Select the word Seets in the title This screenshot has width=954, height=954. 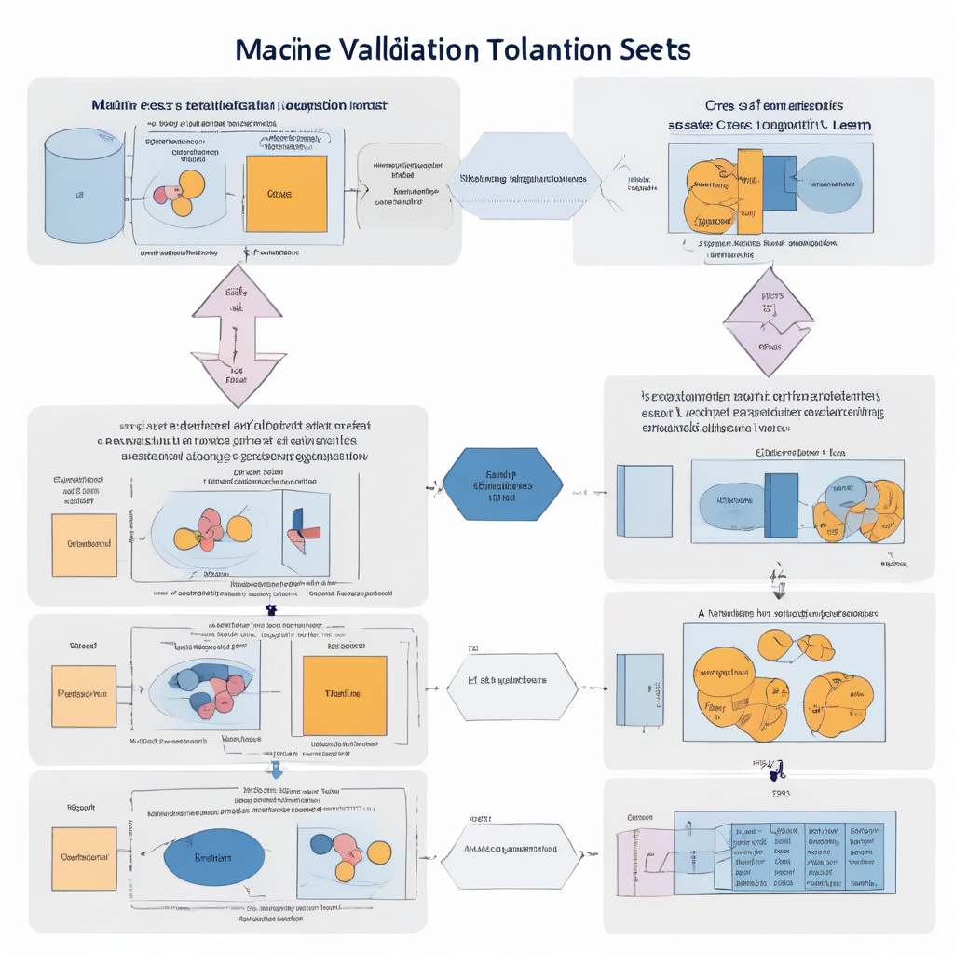coord(655,49)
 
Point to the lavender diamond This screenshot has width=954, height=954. coord(770,321)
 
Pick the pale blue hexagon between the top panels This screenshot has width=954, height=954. coord(522,177)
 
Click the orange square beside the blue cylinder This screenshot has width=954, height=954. coord(286,194)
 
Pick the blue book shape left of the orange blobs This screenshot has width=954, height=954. coord(641,689)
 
